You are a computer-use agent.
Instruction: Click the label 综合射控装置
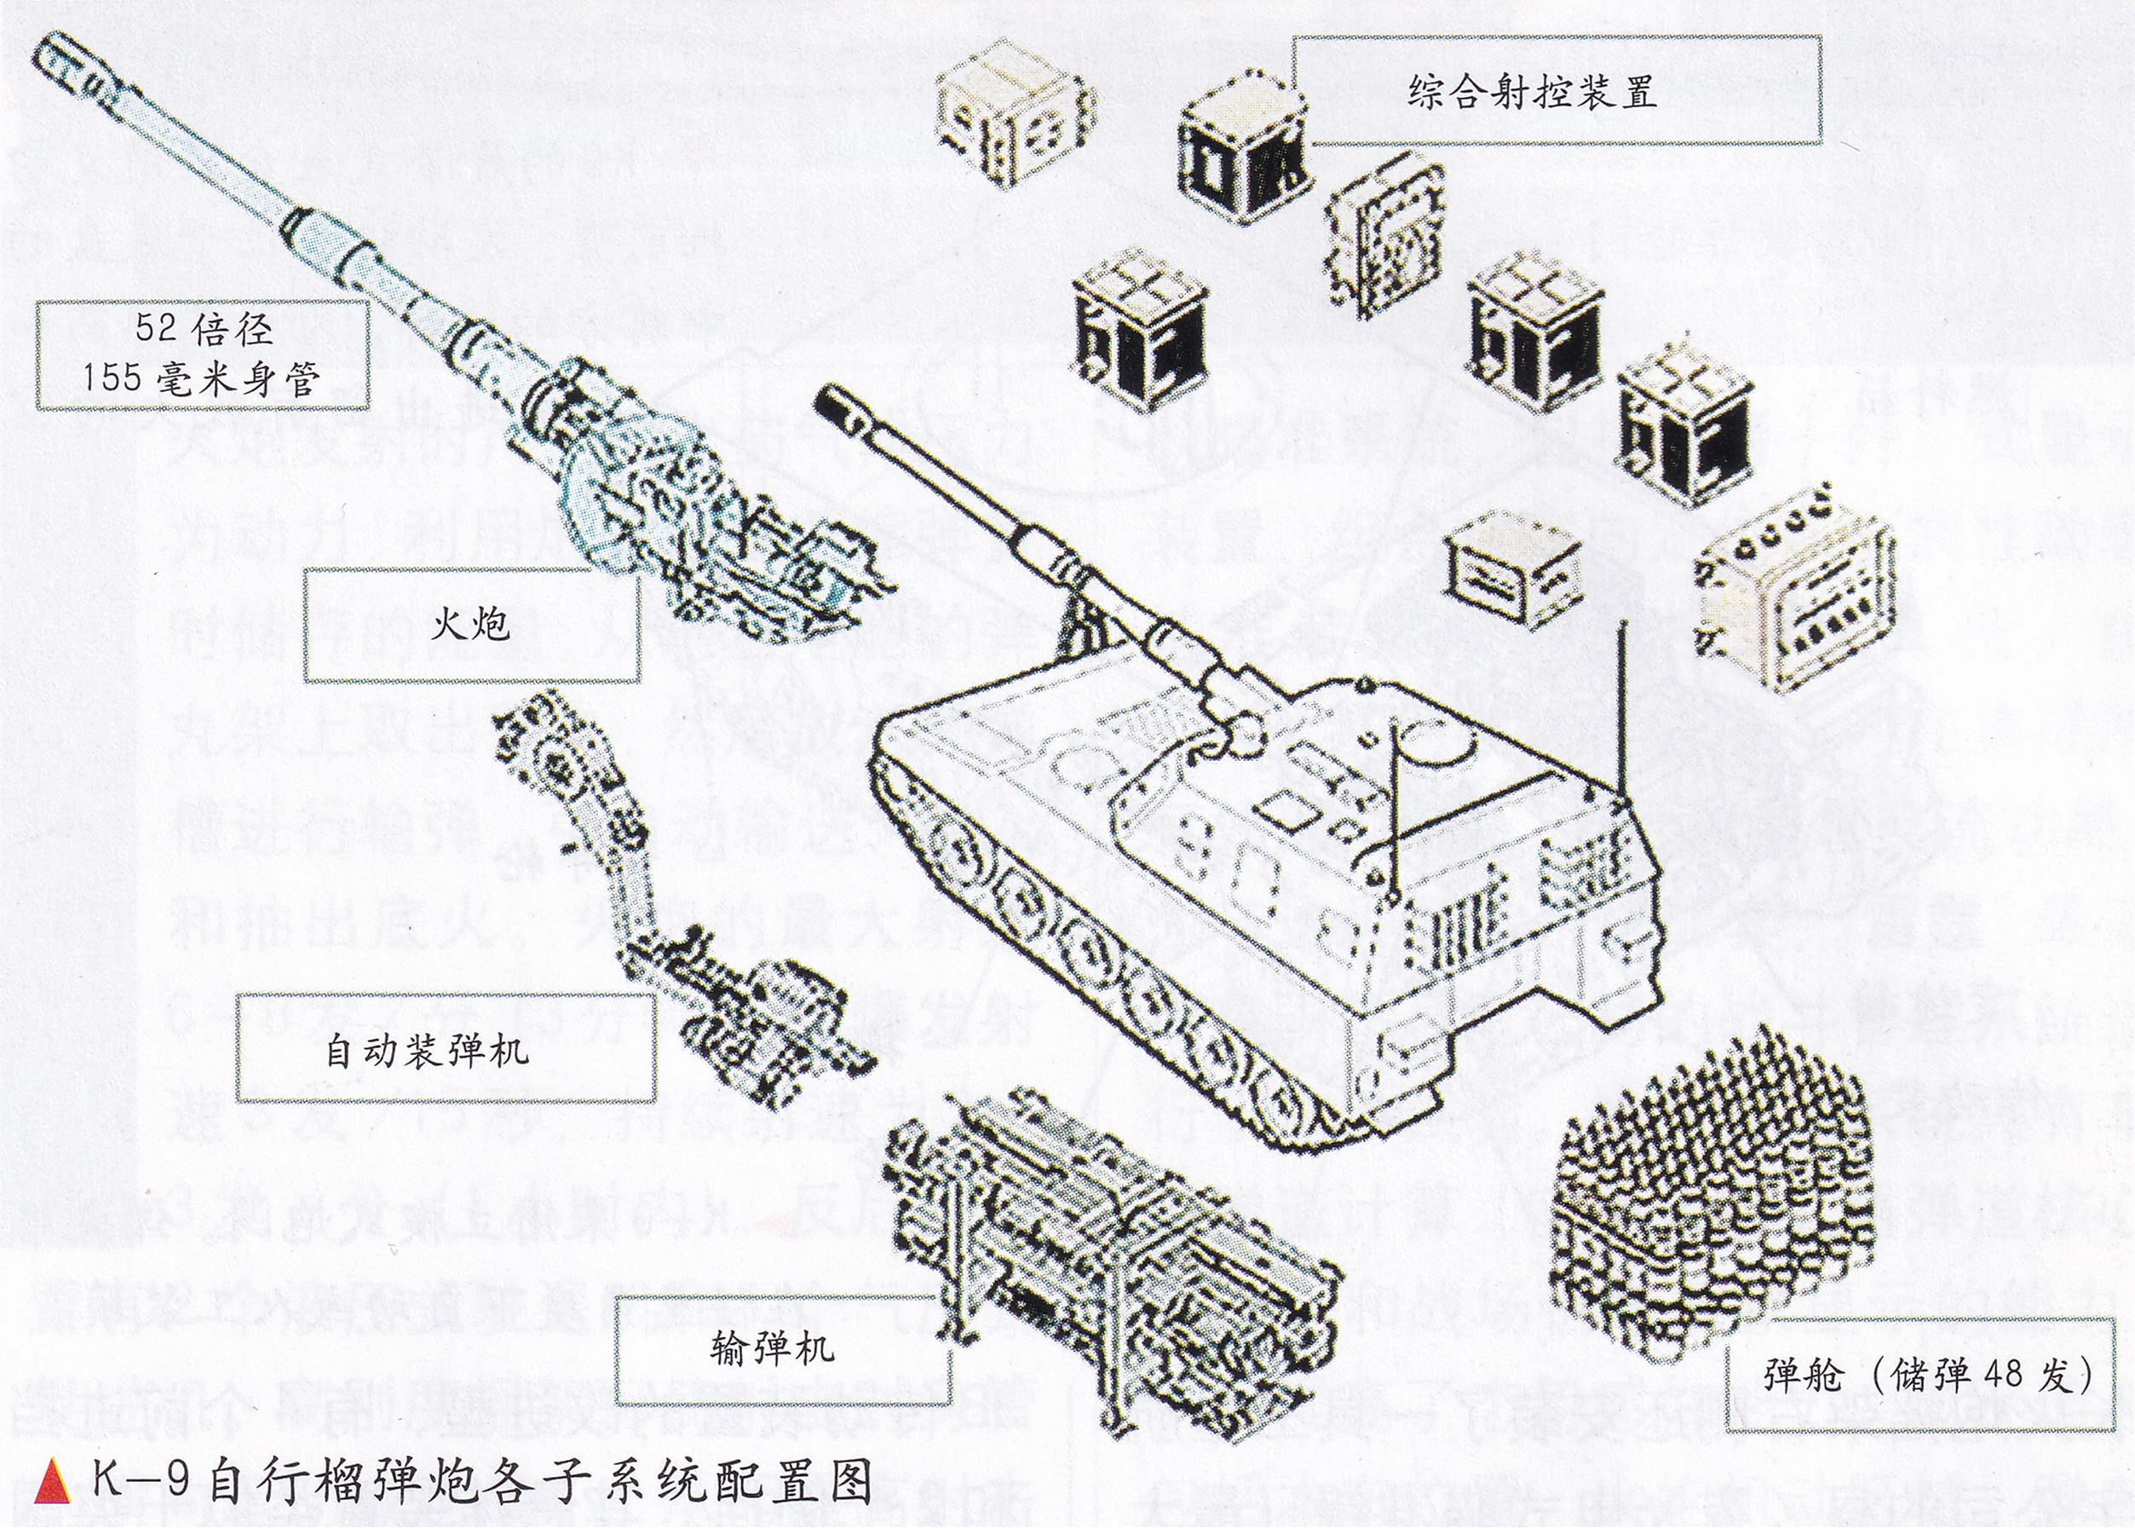tap(1531, 91)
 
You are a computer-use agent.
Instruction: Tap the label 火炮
tap(470, 623)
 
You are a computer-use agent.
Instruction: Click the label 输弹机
tap(771, 1347)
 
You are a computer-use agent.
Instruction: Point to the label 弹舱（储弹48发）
tap(1928, 1375)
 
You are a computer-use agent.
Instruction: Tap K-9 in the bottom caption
tap(141, 1481)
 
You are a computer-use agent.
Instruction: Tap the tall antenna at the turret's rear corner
tap(1620, 696)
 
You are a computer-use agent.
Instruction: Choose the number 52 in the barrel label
tap(154, 328)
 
